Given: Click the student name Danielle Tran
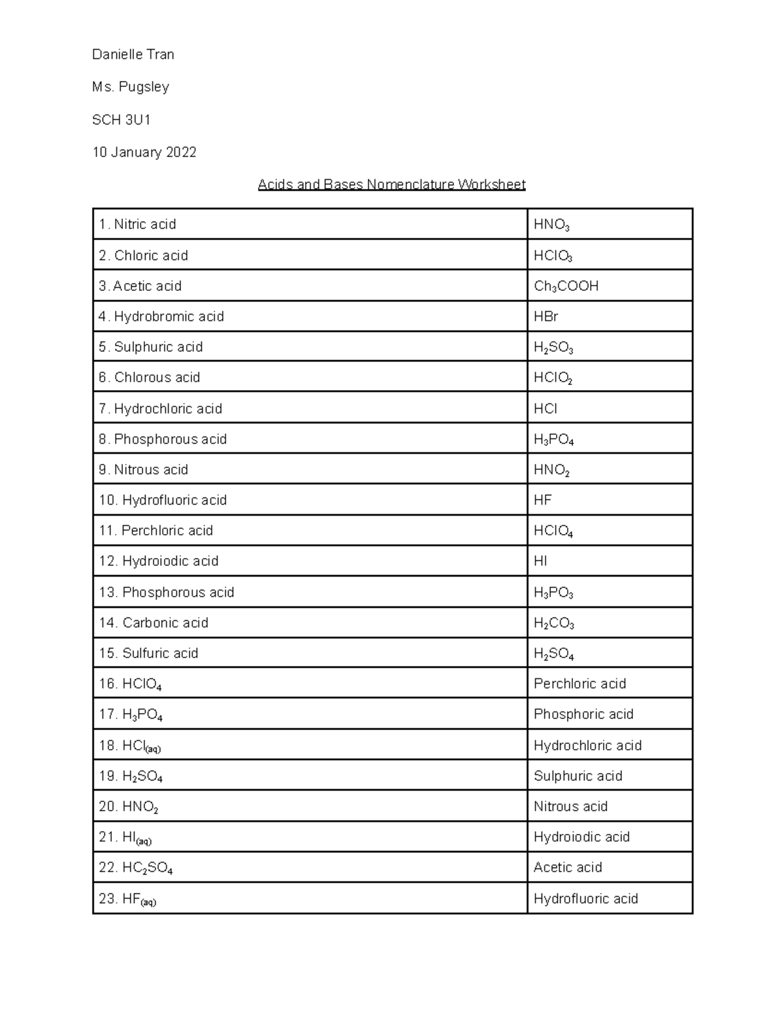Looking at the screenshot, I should (x=133, y=55).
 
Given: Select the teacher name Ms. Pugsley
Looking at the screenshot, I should (x=131, y=87).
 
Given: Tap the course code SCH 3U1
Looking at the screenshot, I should (x=122, y=120).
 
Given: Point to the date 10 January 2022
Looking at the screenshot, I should (x=144, y=152).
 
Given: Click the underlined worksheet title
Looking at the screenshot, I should (x=391, y=184).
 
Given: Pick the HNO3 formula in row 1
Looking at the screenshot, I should (x=551, y=225).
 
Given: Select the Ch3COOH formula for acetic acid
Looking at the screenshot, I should (x=566, y=286).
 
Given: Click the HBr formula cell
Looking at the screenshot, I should (x=546, y=316).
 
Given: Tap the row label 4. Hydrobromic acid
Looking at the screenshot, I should (x=161, y=316).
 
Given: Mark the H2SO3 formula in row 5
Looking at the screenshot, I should (x=553, y=348).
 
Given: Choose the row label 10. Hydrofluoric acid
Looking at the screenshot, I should (x=163, y=500).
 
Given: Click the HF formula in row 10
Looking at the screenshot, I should (x=542, y=500).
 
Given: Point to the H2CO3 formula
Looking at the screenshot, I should (x=553, y=624).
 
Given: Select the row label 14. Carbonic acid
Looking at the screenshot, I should (x=154, y=623).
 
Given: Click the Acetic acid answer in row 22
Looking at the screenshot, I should (x=567, y=867).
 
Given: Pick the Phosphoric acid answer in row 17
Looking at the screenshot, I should (x=583, y=714).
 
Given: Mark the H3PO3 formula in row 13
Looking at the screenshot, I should (x=553, y=593).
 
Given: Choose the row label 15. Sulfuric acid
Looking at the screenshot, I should (x=148, y=653).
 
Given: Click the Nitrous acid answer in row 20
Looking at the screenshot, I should (x=570, y=807).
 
